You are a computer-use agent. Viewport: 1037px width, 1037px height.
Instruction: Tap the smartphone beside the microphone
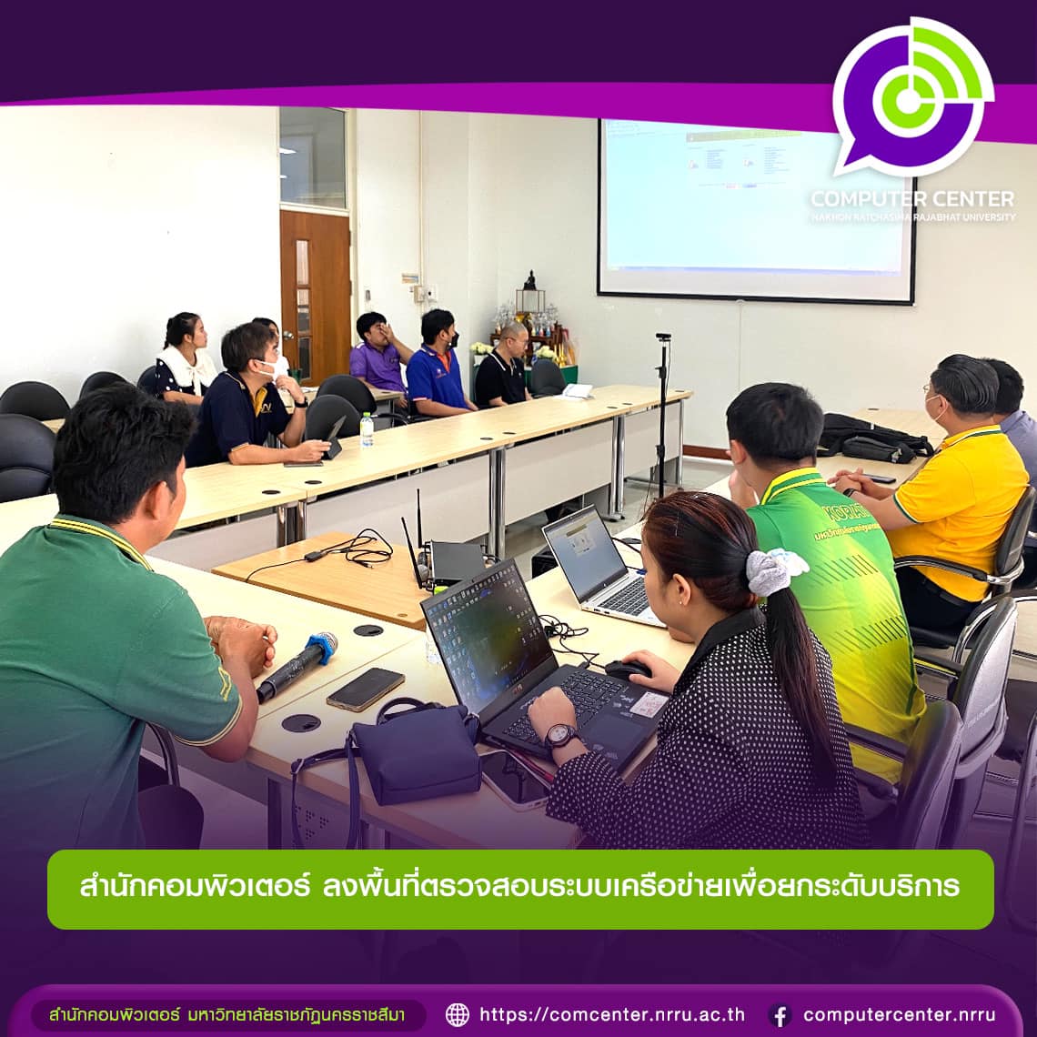365,689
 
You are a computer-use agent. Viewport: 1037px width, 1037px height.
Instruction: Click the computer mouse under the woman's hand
627,670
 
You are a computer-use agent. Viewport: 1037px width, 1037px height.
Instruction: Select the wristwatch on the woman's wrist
559,735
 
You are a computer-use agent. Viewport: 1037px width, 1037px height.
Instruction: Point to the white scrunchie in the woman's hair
773,570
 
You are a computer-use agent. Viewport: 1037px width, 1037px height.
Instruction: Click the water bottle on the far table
367,430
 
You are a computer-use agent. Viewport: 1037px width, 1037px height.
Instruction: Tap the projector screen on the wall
755,209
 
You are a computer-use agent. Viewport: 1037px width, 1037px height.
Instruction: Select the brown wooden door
315,296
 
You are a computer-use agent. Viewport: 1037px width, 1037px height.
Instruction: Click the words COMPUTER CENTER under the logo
911,198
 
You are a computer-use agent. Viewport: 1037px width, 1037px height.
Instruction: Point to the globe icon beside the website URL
458,1014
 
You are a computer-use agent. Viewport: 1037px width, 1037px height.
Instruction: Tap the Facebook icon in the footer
780,1015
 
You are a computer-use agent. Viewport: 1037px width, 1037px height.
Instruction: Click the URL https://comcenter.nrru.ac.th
612,1014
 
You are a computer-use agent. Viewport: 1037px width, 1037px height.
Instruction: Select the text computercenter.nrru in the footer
899,1014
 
